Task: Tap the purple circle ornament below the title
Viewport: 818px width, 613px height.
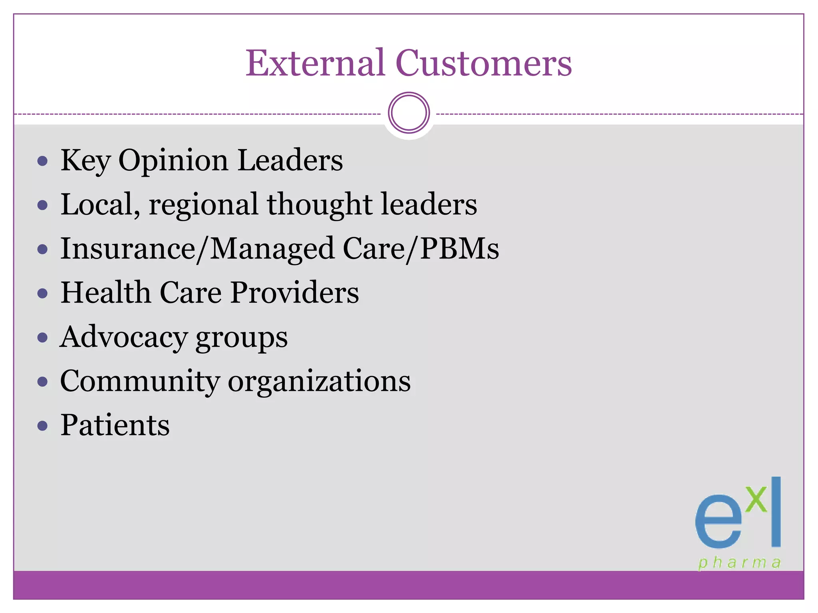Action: click(409, 113)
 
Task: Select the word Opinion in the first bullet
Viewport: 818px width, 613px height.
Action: click(173, 161)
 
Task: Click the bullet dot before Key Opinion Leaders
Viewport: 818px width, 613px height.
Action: click(42, 161)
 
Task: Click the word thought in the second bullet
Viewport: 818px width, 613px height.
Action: click(320, 204)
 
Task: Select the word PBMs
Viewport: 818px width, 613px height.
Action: click(459, 249)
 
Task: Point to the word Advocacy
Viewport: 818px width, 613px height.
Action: click(123, 338)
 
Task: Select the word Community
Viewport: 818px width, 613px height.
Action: click(140, 382)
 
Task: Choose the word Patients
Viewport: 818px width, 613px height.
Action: click(115, 425)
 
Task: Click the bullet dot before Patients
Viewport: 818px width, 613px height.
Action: click(42, 426)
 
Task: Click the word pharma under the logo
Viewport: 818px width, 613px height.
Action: click(739, 563)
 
